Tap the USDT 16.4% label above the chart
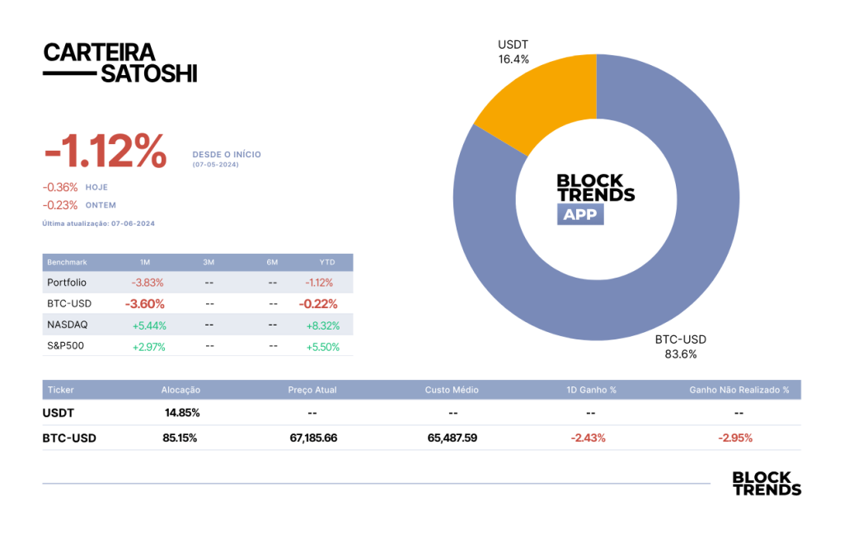point(513,52)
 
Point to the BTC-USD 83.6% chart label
point(680,347)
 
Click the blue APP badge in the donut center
point(580,214)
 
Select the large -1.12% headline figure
point(105,151)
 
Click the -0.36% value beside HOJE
point(60,187)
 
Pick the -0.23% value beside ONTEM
point(60,205)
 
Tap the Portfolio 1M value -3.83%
point(148,283)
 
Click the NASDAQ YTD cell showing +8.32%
point(323,325)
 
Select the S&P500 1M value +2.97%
point(149,347)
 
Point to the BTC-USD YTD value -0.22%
point(318,304)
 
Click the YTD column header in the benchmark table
point(327,263)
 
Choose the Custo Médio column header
point(452,390)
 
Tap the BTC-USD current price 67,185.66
point(313,438)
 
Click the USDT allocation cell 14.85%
point(182,413)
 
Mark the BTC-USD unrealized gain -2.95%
point(735,438)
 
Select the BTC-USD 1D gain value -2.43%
point(588,438)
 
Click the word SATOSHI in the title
point(149,73)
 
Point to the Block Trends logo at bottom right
point(767,484)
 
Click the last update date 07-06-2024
point(133,223)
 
